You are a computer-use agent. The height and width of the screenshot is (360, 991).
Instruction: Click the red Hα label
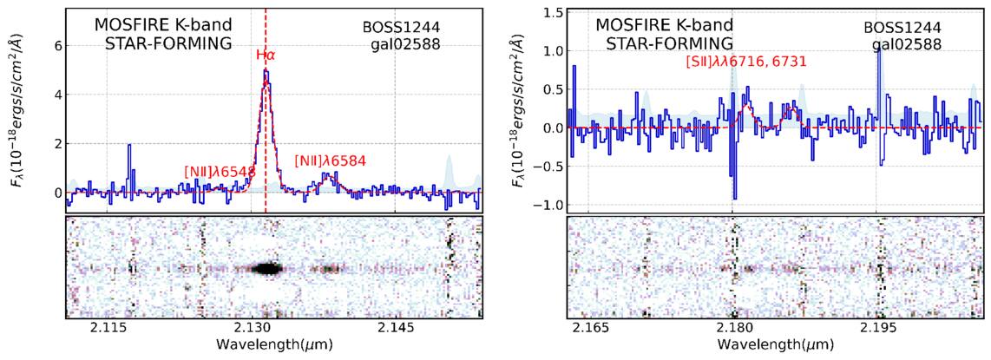(266, 55)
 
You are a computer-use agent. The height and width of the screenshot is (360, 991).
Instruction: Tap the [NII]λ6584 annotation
(331, 161)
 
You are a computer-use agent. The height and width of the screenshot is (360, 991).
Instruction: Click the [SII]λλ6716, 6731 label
(746, 62)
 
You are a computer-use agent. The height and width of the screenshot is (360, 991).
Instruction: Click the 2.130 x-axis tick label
(255, 329)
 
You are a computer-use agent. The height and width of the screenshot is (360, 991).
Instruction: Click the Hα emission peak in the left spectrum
(266, 71)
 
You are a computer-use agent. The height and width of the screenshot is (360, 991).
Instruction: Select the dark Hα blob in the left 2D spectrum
(267, 269)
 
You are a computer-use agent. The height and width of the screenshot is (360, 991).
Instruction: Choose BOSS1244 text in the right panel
(903, 29)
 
